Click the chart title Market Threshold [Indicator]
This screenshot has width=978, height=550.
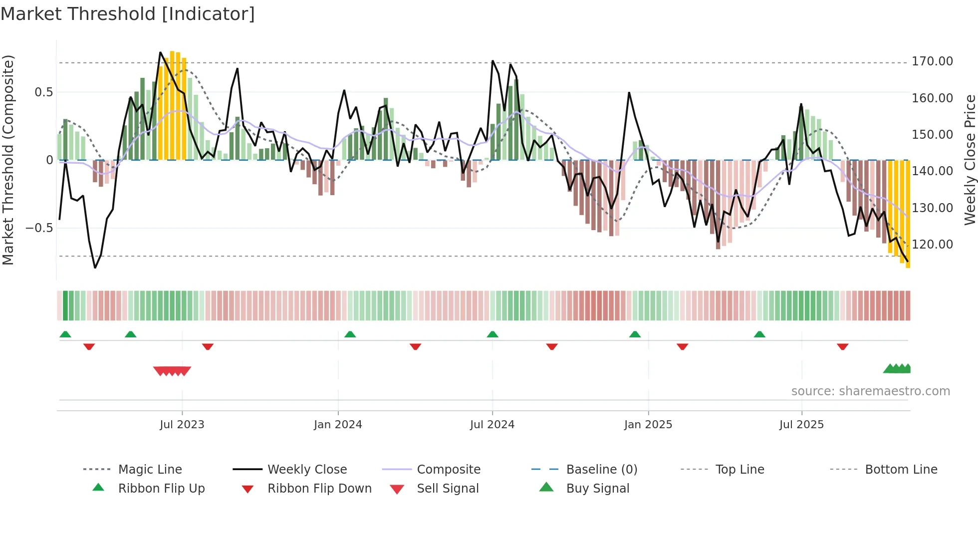tap(128, 14)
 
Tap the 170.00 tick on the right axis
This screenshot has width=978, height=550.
tap(932, 61)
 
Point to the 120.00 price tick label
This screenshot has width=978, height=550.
tap(932, 245)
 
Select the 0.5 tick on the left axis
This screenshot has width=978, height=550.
tap(43, 92)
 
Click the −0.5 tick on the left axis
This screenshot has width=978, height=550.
tap(39, 228)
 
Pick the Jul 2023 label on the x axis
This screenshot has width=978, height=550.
tap(182, 425)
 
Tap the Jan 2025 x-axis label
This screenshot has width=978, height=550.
tap(648, 425)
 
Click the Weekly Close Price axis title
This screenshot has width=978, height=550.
tap(970, 160)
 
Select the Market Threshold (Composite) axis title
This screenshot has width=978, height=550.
tap(8, 160)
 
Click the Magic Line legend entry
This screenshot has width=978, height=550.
tap(150, 470)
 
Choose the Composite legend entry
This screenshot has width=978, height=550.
tap(448, 470)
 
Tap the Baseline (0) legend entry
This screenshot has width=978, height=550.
tap(601, 470)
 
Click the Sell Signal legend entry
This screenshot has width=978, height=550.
tap(447, 489)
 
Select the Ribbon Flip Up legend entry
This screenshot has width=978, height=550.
tap(161, 489)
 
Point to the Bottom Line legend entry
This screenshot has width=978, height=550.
tap(901, 470)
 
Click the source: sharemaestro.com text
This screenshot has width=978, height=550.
tap(870, 391)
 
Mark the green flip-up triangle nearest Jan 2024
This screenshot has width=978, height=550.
tap(350, 334)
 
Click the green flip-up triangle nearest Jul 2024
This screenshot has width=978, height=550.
tap(492, 334)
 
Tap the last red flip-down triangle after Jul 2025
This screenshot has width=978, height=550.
tap(843, 347)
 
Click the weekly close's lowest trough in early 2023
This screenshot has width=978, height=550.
tap(95, 268)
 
